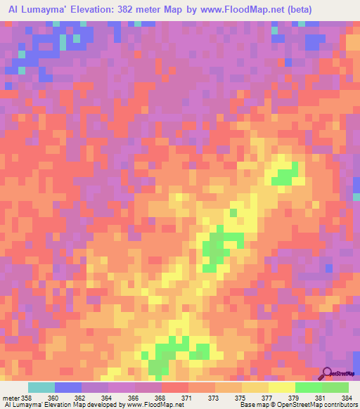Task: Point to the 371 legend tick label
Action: (167, 398)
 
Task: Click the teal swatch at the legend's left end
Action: (41, 387)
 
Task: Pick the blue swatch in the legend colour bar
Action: (68, 387)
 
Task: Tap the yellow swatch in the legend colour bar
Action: (282, 387)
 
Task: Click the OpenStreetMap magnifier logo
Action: (328, 373)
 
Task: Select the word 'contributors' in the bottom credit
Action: (340, 405)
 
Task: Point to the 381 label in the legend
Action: (319, 398)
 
